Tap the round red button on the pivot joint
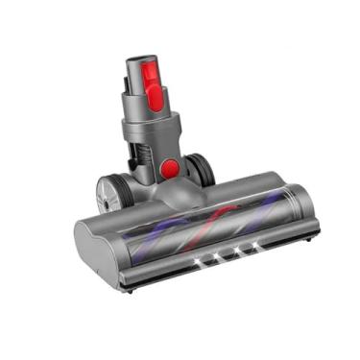[x=169, y=169]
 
